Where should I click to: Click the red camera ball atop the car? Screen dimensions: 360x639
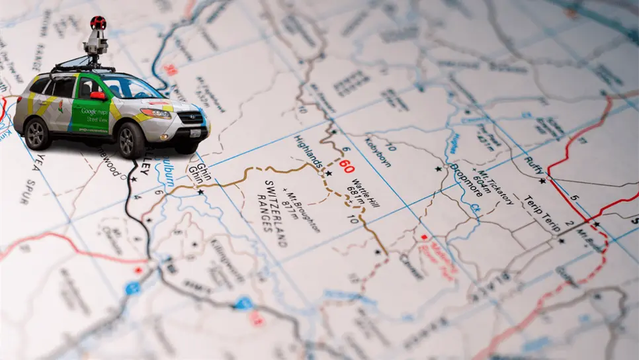coord(98,22)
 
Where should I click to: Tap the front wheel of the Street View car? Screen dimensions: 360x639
coord(132,140)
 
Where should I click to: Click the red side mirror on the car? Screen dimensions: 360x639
coord(98,96)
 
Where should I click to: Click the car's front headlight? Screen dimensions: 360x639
coord(155,113)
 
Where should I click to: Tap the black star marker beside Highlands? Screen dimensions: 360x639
coord(328,173)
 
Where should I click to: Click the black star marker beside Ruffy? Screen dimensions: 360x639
coord(542,181)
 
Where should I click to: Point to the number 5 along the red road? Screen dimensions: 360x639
coord(575,197)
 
